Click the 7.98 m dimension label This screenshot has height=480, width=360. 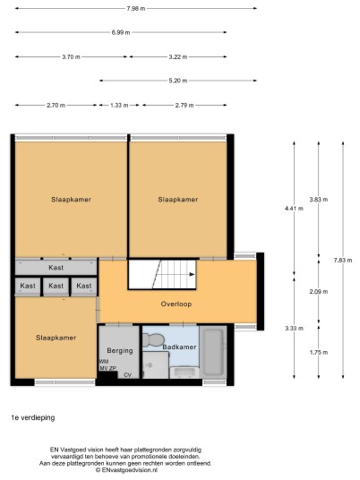tap(136, 9)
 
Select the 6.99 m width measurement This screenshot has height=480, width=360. tap(121, 32)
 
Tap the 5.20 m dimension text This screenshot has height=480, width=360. tap(178, 81)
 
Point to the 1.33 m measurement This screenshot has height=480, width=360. tap(119, 105)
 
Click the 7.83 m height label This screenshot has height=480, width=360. tap(343, 261)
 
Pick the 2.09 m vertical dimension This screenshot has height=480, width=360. tap(319, 291)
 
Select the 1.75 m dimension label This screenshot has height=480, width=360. tap(319, 352)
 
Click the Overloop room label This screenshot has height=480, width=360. tap(176, 304)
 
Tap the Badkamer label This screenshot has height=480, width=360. tap(179, 347)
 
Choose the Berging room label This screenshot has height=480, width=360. tap(120, 351)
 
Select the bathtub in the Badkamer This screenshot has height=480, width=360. tap(213, 351)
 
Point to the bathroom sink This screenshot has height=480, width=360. tap(184, 372)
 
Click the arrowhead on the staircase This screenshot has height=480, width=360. tap(192, 274)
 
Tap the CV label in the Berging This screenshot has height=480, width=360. tap(128, 375)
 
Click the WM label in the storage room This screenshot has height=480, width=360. tap(104, 362)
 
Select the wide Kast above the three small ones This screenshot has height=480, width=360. tap(56, 268)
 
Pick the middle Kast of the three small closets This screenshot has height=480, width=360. tap(56, 286)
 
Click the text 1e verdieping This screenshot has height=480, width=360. tap(33, 417)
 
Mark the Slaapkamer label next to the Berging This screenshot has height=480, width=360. tap(56, 338)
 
